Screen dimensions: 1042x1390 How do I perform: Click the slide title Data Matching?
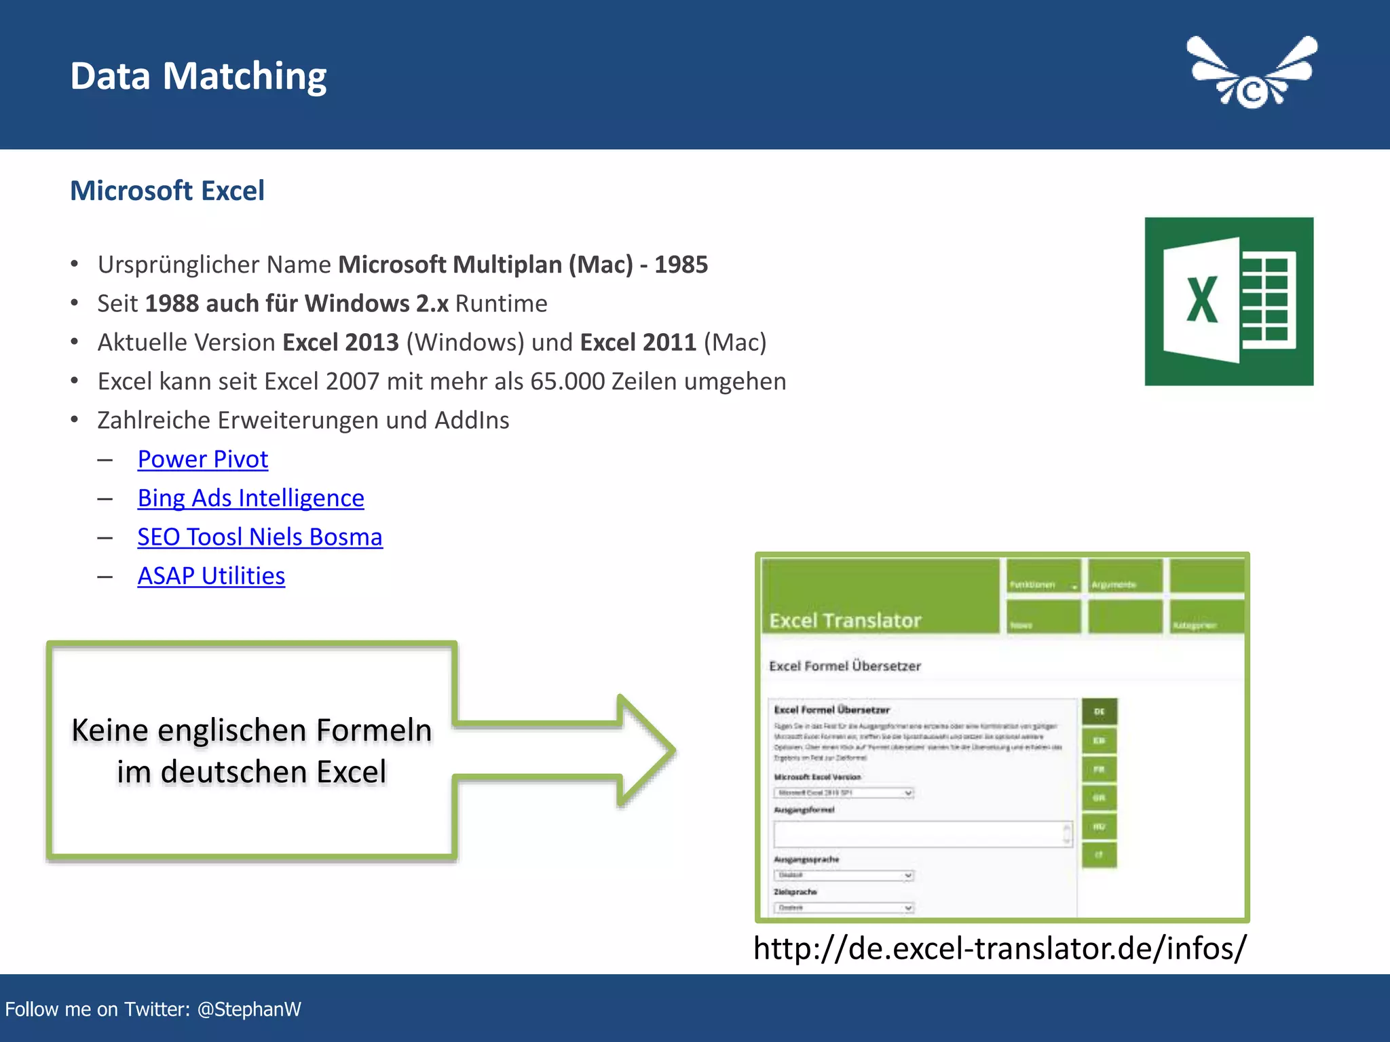[198, 76]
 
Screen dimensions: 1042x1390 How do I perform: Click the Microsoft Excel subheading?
[167, 191]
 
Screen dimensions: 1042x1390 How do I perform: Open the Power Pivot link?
[202, 459]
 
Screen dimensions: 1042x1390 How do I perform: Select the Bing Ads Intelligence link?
[250, 498]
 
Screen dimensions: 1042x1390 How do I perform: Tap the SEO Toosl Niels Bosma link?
[260, 537]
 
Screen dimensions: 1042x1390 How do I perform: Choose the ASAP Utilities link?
[211, 576]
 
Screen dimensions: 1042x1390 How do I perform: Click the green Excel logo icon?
[1228, 301]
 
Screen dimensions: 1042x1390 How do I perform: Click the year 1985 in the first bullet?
[681, 265]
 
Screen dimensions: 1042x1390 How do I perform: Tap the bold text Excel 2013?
[340, 343]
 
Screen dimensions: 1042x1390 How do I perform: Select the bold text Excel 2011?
[638, 343]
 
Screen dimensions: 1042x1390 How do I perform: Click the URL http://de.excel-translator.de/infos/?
[1000, 948]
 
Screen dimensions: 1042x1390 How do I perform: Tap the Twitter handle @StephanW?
[249, 1009]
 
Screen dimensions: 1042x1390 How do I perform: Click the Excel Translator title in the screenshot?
[845, 620]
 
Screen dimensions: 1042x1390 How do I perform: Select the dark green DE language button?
[1099, 712]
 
